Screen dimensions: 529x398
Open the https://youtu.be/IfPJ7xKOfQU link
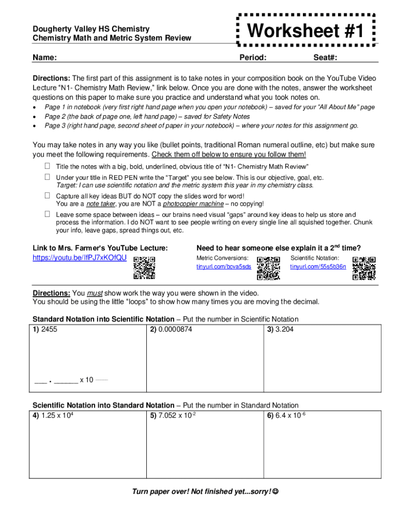pos(79,257)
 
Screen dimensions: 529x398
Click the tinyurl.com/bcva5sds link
pos(224,267)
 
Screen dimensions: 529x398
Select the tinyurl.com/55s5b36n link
pos(318,267)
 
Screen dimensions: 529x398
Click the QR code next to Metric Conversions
pos(268,268)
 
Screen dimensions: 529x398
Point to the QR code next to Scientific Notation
pos(364,268)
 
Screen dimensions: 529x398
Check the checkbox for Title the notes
pos(47,166)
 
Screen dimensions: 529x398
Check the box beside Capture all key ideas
pos(47,196)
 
